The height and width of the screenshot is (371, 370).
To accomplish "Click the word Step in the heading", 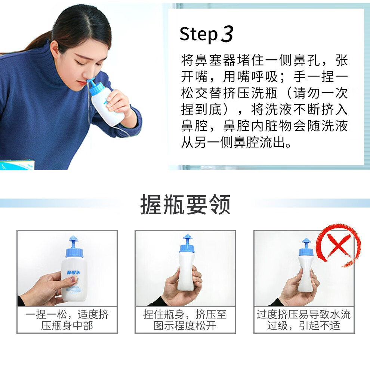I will (x=198, y=34).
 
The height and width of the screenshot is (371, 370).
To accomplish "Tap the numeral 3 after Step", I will (x=227, y=34).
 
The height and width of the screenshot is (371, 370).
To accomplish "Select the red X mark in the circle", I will (x=338, y=246).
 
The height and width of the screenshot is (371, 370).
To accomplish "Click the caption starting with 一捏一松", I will (x=67, y=320).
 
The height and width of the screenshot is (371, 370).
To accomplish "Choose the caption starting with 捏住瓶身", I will (x=185, y=320).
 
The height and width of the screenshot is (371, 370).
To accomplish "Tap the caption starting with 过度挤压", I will (x=303, y=320).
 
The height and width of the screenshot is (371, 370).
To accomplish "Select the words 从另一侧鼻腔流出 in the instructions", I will (x=232, y=143).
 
